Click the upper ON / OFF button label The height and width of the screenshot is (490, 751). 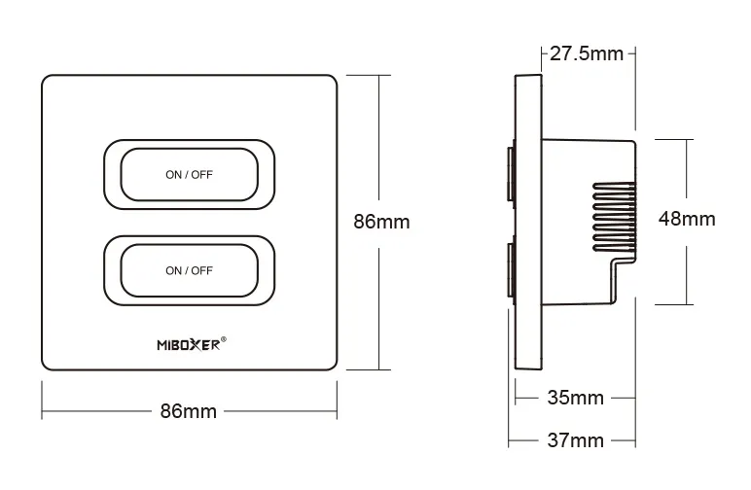click(x=189, y=175)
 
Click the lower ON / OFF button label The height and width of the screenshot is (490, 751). click(x=189, y=270)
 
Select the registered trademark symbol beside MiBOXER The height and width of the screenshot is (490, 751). click(x=225, y=339)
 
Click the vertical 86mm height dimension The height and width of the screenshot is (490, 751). click(x=380, y=222)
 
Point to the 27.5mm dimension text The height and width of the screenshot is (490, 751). click(x=586, y=53)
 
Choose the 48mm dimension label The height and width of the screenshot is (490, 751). click(x=687, y=219)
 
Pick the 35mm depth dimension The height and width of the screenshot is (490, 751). click(x=574, y=398)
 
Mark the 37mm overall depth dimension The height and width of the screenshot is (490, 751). click(x=574, y=440)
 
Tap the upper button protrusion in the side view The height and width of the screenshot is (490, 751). click(x=510, y=174)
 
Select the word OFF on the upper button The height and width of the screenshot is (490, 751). click(x=200, y=175)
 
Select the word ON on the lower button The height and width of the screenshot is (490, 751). click(x=173, y=270)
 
